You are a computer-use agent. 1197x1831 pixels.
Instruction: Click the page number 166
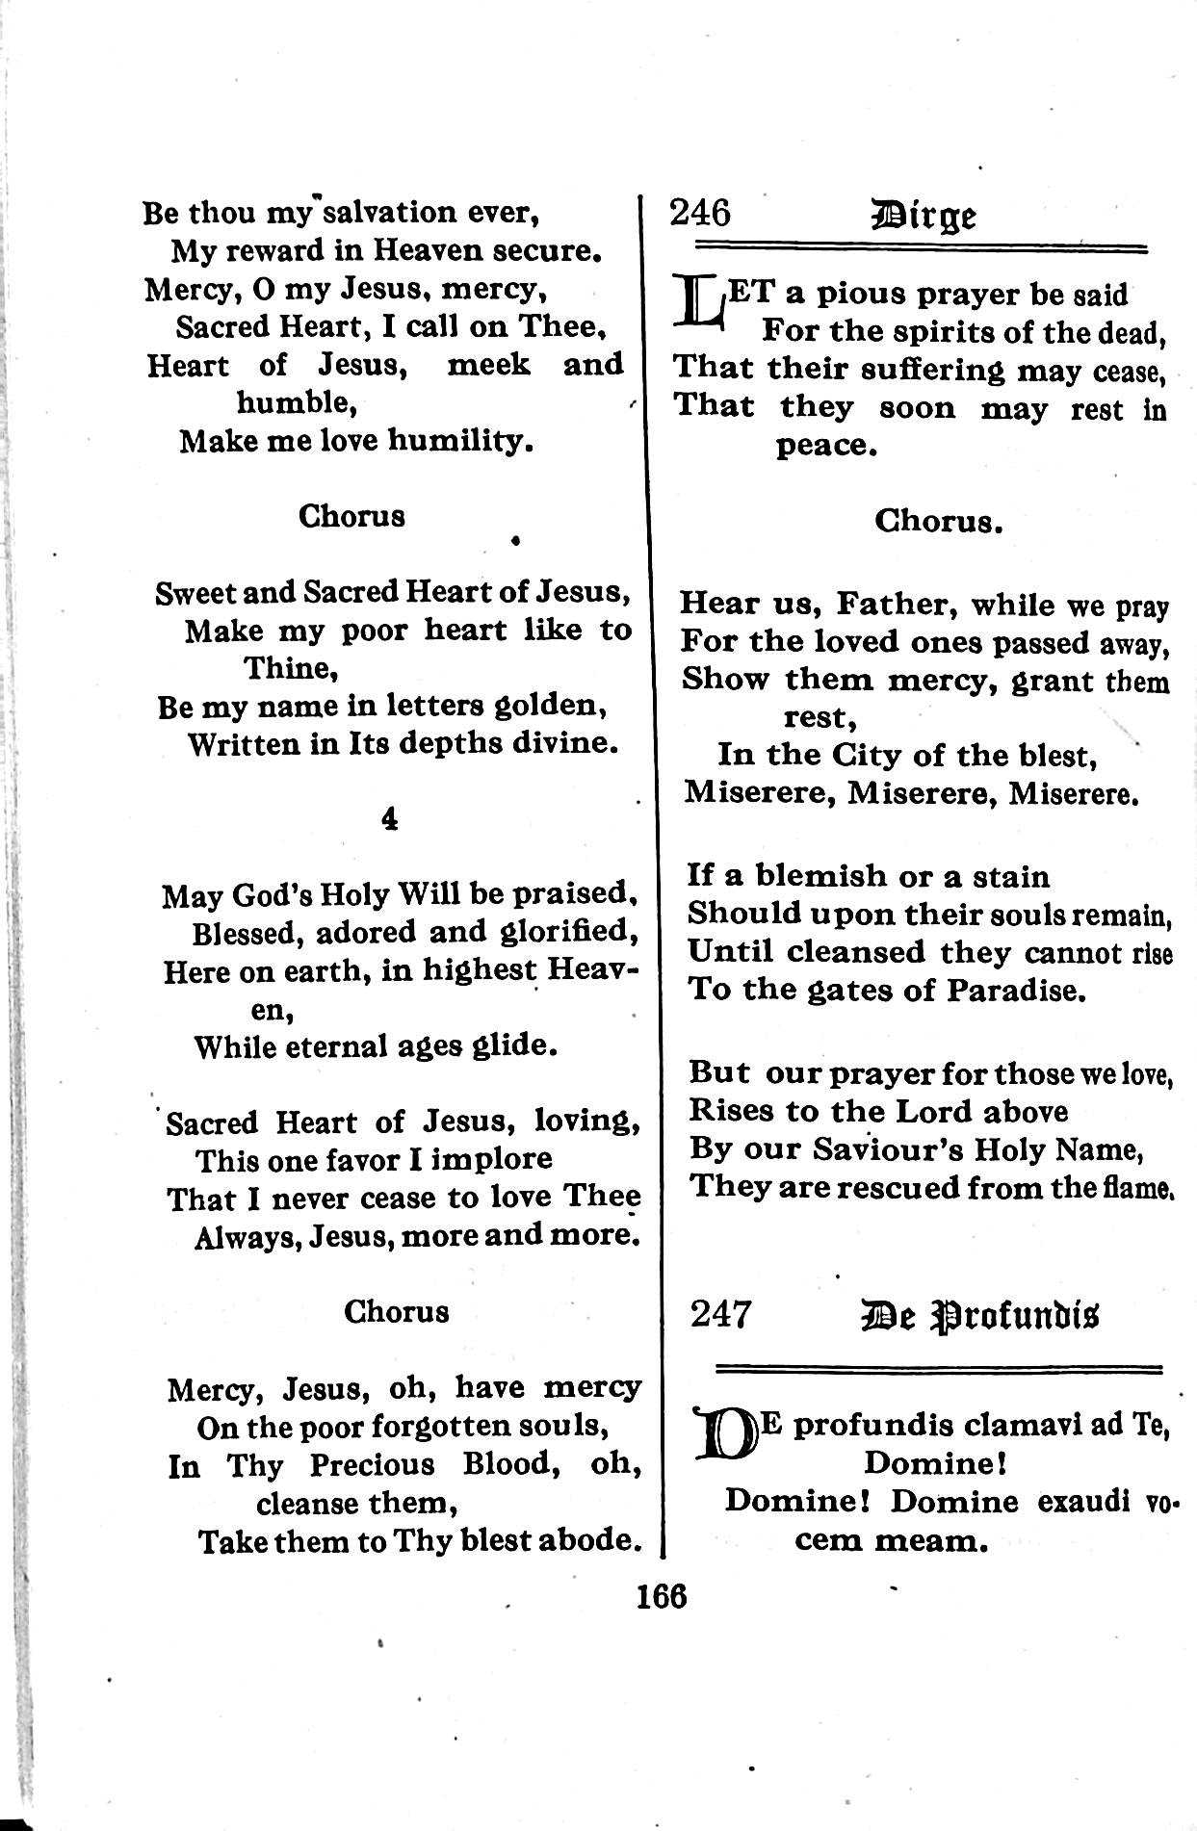662,1596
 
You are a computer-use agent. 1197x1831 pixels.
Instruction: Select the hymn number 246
700,212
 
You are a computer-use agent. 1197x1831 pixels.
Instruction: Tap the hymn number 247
720,1314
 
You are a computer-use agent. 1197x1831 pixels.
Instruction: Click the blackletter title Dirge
924,214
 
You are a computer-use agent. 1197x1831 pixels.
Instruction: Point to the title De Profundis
982,1315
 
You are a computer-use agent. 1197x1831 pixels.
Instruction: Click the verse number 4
390,819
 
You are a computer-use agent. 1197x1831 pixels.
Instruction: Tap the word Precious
374,1465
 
